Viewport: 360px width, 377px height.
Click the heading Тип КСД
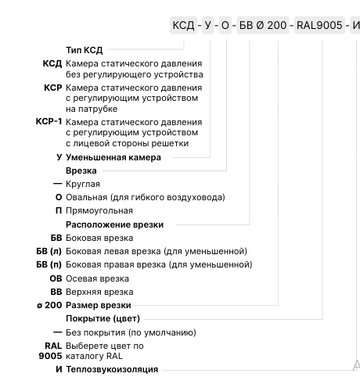click(x=85, y=49)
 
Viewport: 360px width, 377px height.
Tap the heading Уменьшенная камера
click(x=113, y=157)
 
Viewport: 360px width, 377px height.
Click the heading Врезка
click(x=81, y=170)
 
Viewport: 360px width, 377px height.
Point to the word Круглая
click(x=83, y=184)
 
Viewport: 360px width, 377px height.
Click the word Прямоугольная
click(x=99, y=210)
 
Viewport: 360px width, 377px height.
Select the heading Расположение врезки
click(x=114, y=224)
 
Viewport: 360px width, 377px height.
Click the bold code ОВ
click(x=55, y=278)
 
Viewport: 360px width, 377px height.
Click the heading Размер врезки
click(x=99, y=305)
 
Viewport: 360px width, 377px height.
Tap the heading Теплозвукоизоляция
click(x=113, y=369)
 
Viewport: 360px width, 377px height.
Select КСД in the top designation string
click(x=183, y=26)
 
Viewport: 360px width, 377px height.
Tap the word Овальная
click(x=87, y=197)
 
